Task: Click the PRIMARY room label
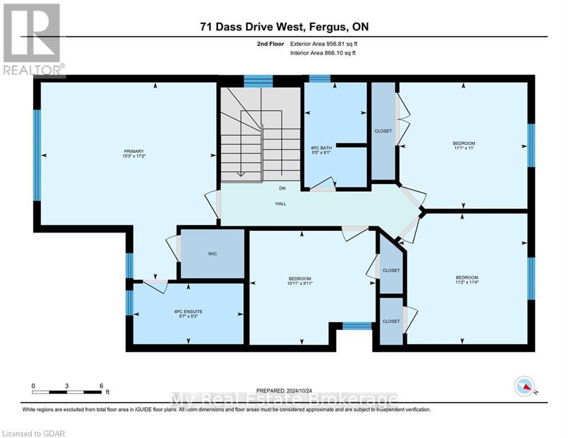click(135, 151)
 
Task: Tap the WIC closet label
click(212, 254)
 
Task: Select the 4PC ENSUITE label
click(188, 311)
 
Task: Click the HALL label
click(280, 203)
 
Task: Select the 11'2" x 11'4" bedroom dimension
click(464, 282)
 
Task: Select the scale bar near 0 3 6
click(67, 392)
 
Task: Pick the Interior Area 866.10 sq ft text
click(323, 53)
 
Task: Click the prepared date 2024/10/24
click(284, 391)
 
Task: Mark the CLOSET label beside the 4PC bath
click(383, 131)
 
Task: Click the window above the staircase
click(258, 81)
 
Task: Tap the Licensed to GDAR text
click(34, 433)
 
